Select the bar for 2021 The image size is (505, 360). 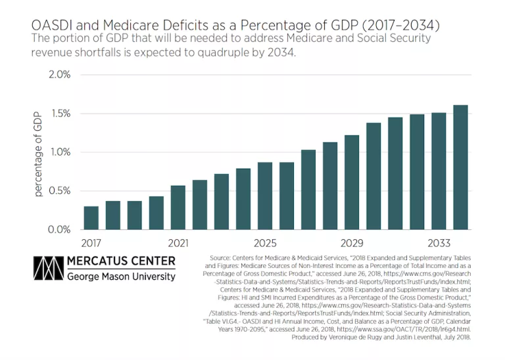(x=178, y=208)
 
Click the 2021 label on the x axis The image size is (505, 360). (x=178, y=242)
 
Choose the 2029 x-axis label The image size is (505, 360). (x=352, y=242)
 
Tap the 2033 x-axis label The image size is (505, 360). (x=439, y=242)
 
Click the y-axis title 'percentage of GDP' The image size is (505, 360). (x=37, y=153)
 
